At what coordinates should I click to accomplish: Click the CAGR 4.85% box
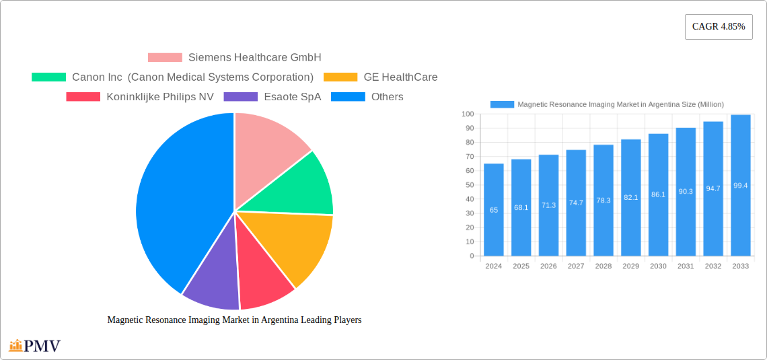(x=718, y=27)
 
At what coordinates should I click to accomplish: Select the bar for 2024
(x=494, y=210)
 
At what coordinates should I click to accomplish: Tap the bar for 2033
(x=740, y=186)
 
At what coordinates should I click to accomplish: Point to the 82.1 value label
(x=630, y=197)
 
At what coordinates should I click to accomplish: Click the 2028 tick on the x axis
(x=604, y=266)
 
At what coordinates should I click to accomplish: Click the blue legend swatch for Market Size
(x=502, y=104)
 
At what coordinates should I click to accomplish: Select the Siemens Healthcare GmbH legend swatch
(x=165, y=58)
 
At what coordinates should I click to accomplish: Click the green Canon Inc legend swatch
(x=48, y=77)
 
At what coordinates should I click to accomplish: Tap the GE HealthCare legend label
(x=400, y=77)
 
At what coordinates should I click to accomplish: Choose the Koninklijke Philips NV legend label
(x=160, y=97)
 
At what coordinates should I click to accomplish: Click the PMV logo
(x=35, y=346)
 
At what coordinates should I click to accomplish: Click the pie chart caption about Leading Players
(x=234, y=320)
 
